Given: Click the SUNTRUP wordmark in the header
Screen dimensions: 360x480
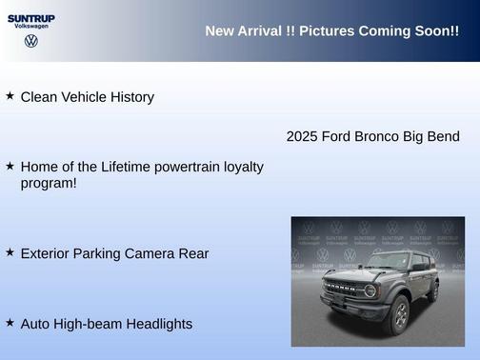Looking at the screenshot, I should click(x=31, y=18).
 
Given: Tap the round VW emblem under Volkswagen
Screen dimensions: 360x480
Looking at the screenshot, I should click(x=31, y=41).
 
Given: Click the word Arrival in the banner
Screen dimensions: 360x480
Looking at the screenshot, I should click(x=261, y=31).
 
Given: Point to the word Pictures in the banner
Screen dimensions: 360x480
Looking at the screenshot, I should click(x=327, y=31).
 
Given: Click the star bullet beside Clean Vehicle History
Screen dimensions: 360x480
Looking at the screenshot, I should click(x=10, y=96).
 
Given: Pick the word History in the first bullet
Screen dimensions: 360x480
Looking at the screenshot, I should click(x=130, y=97).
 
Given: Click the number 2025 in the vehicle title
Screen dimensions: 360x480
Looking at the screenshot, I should click(x=303, y=136).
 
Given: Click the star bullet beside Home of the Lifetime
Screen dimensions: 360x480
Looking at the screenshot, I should click(x=10, y=166).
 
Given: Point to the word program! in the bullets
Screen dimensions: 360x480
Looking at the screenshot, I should click(x=49, y=182).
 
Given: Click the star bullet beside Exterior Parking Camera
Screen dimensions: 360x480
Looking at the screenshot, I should click(x=10, y=252).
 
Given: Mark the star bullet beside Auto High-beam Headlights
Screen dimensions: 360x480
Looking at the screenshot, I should click(x=10, y=323).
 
